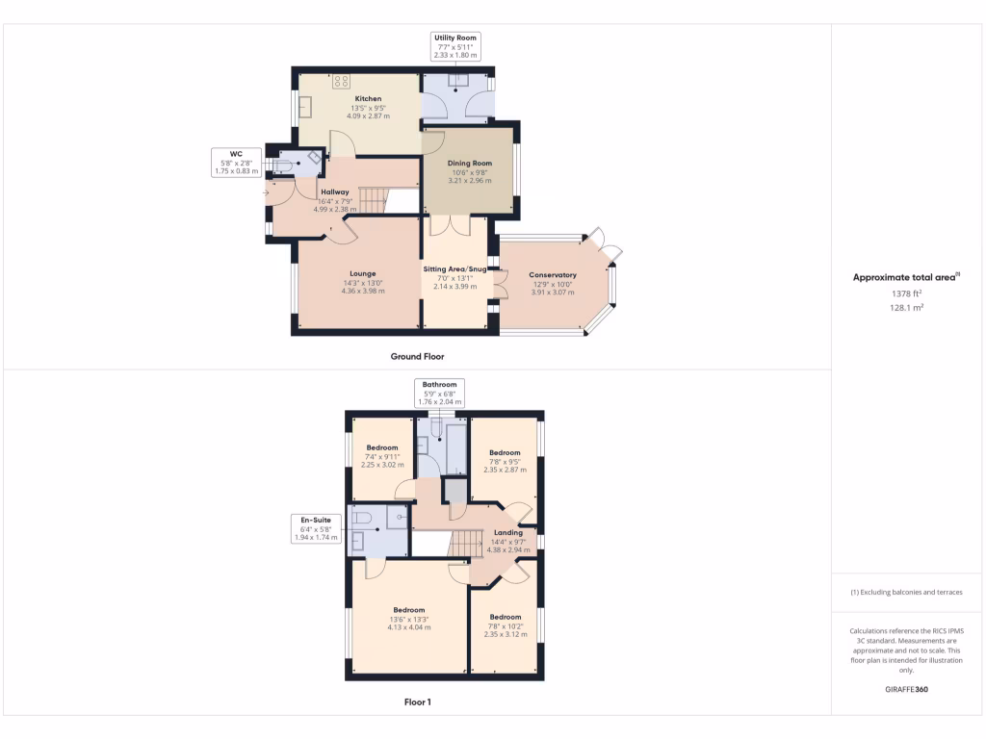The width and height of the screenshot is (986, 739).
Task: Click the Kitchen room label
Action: coord(368,99)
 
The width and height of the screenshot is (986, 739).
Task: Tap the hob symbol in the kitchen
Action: coord(341,82)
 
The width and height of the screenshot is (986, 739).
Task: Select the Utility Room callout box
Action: coord(455,46)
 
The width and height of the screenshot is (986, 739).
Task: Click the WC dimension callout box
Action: coord(235,162)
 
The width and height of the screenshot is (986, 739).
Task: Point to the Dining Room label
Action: coord(469,164)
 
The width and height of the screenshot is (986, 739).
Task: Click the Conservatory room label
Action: coord(553,275)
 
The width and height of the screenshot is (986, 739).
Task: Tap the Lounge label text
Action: coord(363,273)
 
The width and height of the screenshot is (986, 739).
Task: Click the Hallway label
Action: coord(335,192)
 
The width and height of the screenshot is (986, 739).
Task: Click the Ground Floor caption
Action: coord(417,356)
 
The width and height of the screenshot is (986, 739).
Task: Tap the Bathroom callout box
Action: coord(439,393)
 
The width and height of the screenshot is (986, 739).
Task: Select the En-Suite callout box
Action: coord(318,528)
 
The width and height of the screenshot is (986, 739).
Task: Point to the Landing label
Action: coord(507,532)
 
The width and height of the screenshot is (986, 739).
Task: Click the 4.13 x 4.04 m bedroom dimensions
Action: coord(409,627)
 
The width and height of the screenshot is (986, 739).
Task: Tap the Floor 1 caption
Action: coord(417,702)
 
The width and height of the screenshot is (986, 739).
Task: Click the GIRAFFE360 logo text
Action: coord(905,690)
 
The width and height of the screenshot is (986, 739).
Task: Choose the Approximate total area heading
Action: coord(904,277)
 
